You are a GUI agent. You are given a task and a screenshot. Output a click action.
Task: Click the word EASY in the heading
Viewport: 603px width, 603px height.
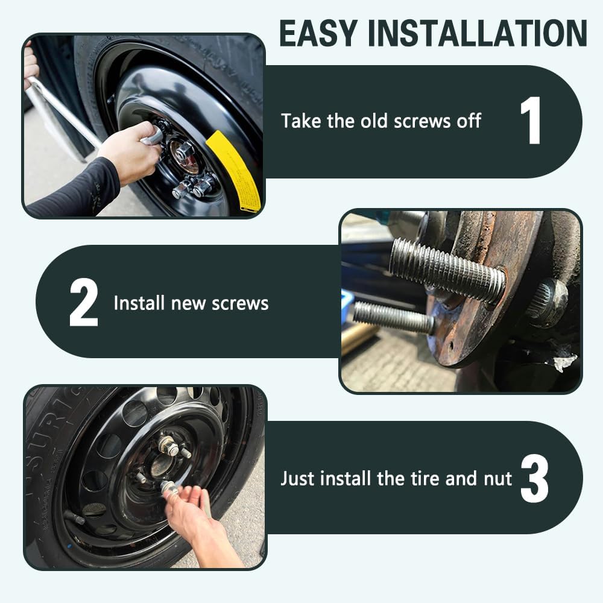pyautogui.click(x=318, y=33)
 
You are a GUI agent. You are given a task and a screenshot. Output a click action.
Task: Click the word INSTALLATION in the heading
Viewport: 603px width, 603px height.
pyautogui.click(x=477, y=33)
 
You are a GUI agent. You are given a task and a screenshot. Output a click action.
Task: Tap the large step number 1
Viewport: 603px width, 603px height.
pyautogui.click(x=531, y=121)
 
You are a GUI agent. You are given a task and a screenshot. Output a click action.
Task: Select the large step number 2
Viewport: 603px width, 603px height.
pyautogui.click(x=83, y=302)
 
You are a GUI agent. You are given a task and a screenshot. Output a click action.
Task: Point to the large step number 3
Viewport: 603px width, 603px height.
pyautogui.click(x=534, y=478)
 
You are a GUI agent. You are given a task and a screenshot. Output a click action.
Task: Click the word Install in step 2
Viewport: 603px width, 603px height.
pyautogui.click(x=139, y=303)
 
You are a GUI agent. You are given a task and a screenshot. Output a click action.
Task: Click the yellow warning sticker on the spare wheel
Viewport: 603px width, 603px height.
pyautogui.click(x=233, y=171)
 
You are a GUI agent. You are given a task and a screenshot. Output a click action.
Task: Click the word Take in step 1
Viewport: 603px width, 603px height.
pyautogui.click(x=301, y=121)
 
